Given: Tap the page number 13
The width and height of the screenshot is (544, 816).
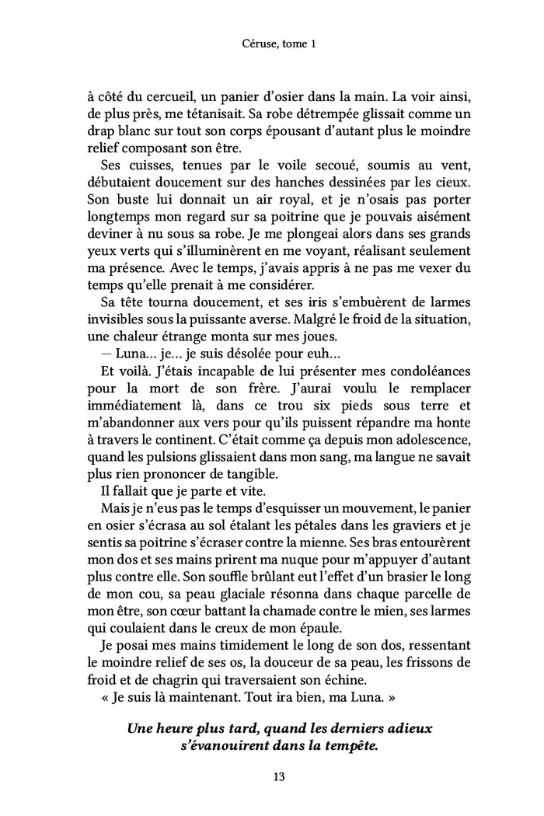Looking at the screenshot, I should (x=272, y=776).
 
